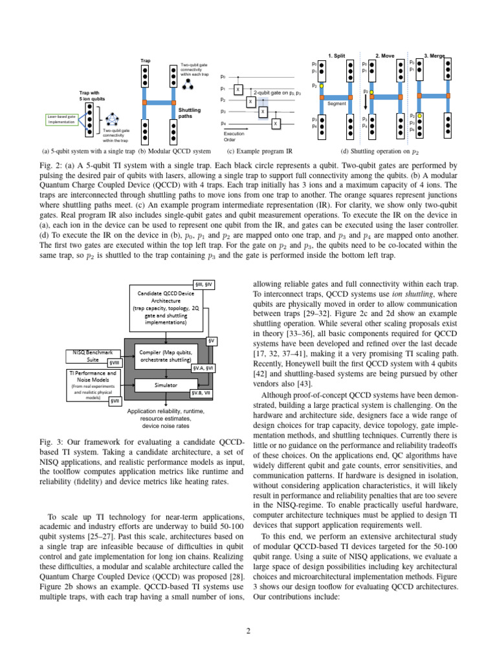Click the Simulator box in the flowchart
166,384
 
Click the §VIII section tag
114,363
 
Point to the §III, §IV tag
208,284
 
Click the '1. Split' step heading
337,56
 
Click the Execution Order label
234,136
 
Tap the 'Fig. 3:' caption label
52,442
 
